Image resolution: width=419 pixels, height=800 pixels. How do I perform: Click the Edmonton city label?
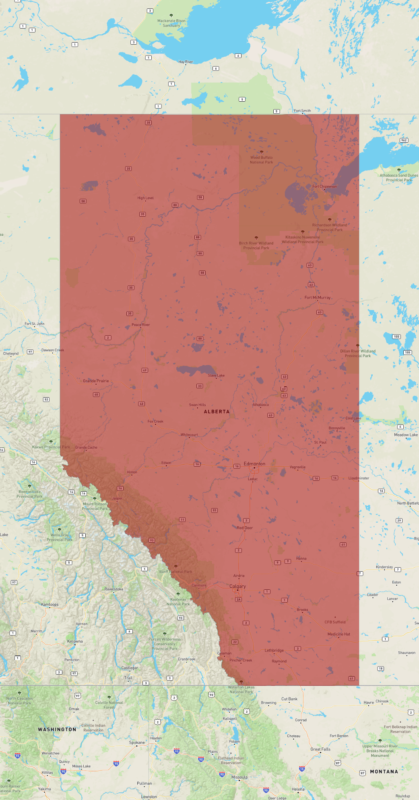254,464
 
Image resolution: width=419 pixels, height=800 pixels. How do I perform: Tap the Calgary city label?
237,586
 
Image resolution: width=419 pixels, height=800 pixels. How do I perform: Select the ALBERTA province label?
217,412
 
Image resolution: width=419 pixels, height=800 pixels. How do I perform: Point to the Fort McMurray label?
318,297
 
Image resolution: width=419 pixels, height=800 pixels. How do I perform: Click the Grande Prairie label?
96,381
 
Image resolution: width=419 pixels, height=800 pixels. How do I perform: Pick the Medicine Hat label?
339,634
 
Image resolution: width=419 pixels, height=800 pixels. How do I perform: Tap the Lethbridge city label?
274,650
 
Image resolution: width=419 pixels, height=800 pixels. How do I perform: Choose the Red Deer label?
245,528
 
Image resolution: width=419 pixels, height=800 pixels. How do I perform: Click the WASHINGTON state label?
57,729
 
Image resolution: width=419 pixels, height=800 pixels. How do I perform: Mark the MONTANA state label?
384,771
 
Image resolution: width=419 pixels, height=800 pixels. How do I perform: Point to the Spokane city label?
137,743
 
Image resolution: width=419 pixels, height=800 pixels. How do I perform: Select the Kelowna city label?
75,641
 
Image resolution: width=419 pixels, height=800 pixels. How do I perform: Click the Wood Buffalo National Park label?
261,160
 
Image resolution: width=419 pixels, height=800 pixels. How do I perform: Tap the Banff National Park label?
175,572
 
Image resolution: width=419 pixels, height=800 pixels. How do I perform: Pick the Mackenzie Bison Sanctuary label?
171,23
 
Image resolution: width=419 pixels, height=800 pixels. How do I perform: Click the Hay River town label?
186,62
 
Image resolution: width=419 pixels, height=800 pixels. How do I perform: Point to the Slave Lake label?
216,375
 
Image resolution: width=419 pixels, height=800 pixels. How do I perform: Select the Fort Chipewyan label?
324,187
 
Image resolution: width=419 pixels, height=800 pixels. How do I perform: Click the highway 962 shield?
404,140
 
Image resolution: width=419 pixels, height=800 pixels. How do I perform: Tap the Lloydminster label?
359,478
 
